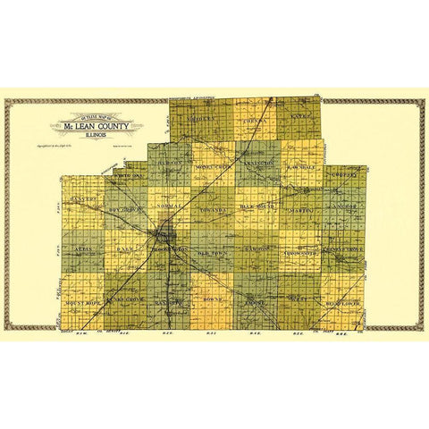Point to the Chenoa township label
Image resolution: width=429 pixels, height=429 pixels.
(253, 117)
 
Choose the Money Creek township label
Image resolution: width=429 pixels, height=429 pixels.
(214, 166)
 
